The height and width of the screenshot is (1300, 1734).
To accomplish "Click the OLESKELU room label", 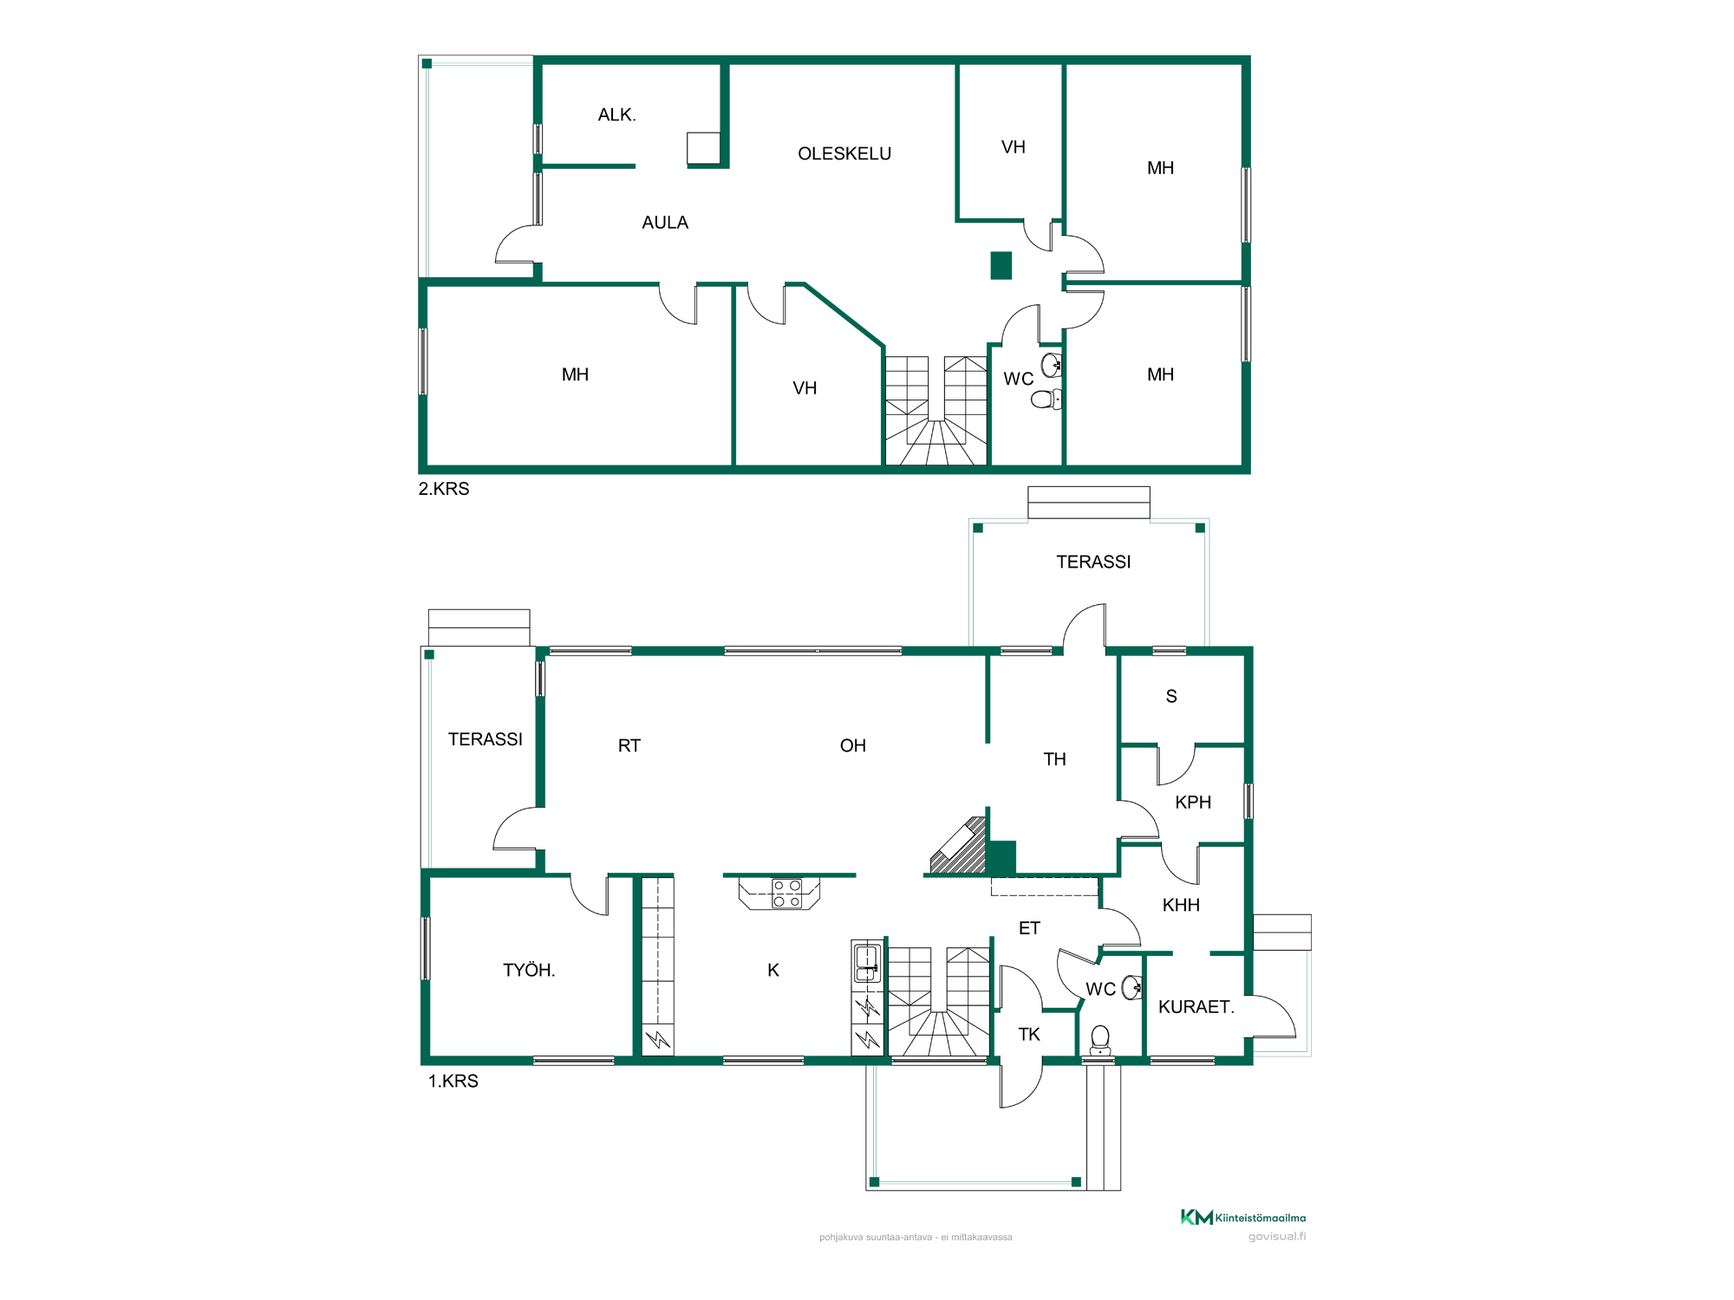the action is coord(844,153).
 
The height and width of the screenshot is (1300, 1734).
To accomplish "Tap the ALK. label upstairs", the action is coord(617,114).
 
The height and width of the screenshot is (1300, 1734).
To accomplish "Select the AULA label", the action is coord(665,223).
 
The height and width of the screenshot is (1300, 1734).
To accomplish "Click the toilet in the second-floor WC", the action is coord(1046,399).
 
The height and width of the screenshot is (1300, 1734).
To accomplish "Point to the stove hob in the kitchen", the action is coord(787,894).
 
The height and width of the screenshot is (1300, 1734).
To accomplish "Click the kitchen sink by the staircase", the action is coord(867,963).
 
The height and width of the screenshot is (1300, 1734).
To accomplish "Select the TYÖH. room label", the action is coord(529,970).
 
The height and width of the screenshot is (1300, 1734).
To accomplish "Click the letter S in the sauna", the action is coord(1171,696).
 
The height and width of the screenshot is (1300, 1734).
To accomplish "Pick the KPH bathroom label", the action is coord(1193,803).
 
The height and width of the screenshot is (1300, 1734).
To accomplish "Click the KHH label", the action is coord(1181,905).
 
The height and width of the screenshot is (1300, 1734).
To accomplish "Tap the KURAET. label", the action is coord(1196,1007).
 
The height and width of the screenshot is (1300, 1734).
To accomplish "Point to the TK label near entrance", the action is coord(1029,1034).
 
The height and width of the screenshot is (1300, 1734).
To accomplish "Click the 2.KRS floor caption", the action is coord(444,489).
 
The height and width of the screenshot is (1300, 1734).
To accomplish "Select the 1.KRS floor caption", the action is coord(453,1081).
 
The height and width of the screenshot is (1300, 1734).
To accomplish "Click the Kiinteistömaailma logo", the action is coord(1243,1218).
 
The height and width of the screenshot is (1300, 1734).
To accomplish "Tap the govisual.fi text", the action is coord(1277,1237).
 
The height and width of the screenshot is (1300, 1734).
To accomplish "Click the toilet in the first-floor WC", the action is coord(1100,1039).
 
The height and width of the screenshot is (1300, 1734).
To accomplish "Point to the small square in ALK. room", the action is coord(704,148).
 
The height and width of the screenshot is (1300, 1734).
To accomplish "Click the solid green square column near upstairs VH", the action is coord(1001,265).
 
